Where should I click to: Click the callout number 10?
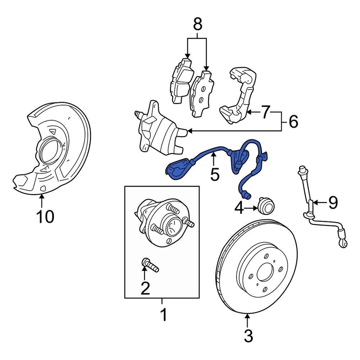tap(45, 217)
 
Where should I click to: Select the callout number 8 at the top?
tap(197, 25)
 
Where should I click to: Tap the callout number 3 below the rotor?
tap(248, 336)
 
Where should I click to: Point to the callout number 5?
tap(214, 174)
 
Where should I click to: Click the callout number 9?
tap(333, 202)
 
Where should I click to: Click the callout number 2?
tap(145, 288)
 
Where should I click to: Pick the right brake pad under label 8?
tap(201, 93)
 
